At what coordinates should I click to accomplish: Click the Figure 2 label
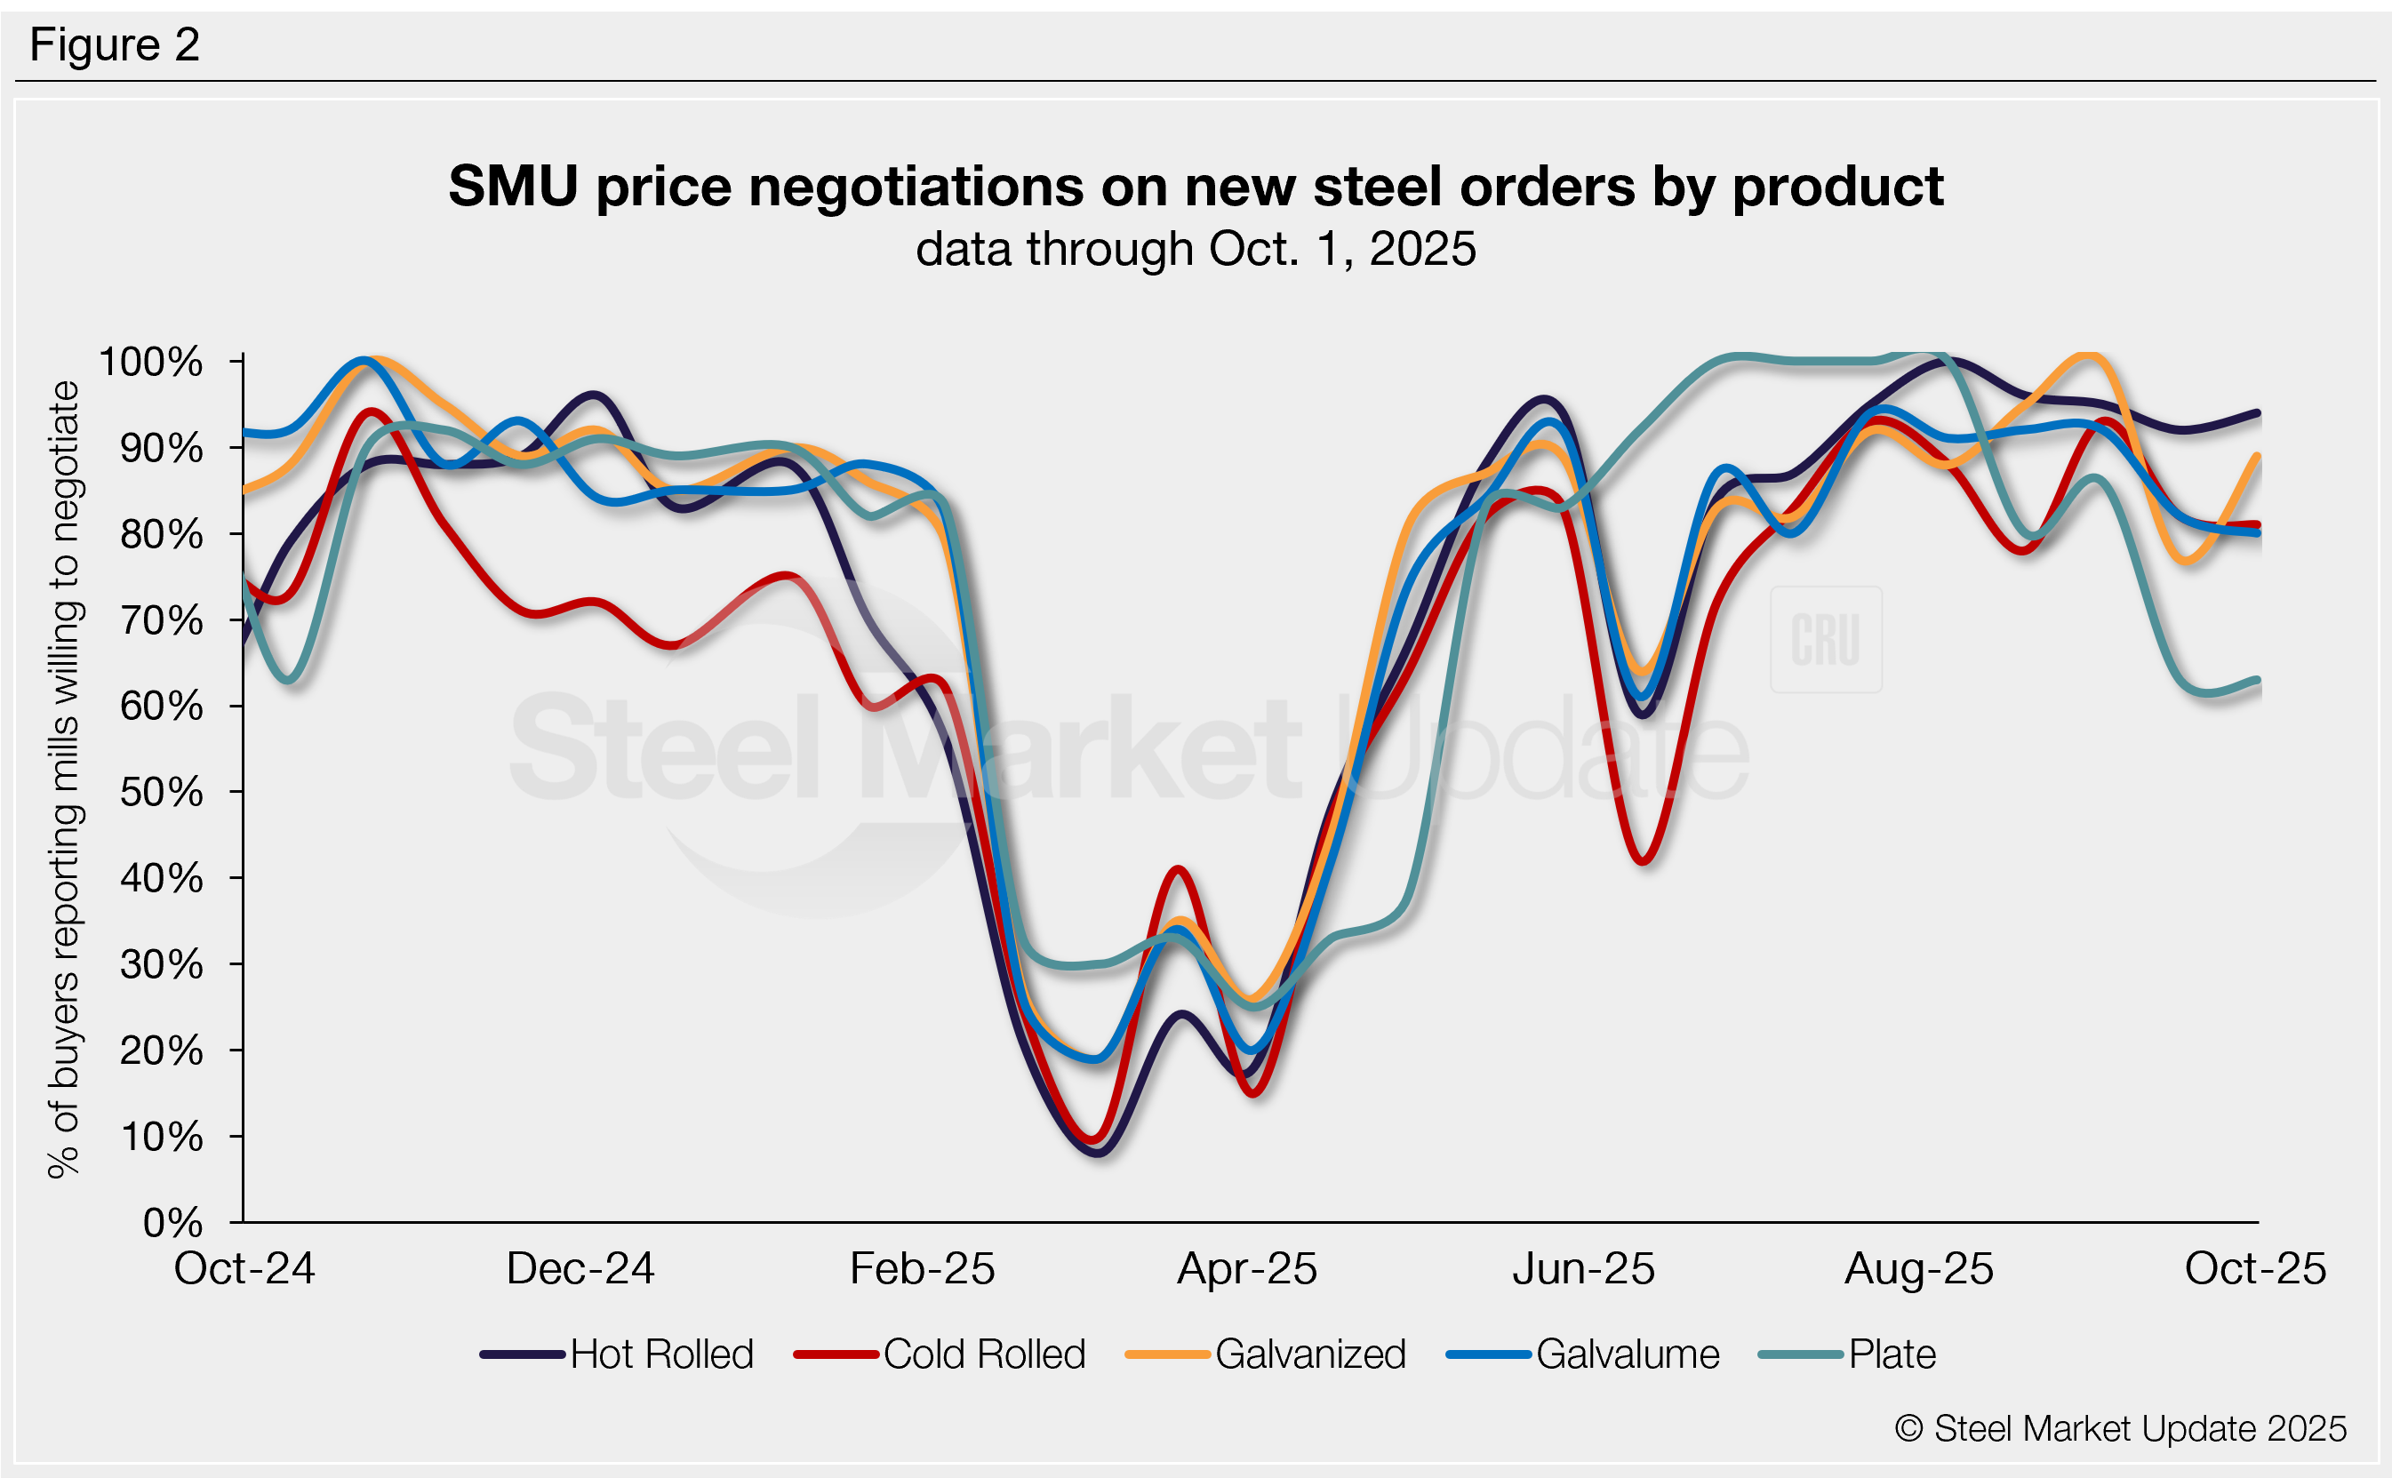(x=115, y=45)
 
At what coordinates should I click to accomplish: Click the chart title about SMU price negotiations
(x=1196, y=186)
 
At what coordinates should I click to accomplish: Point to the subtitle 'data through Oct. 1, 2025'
(x=1196, y=249)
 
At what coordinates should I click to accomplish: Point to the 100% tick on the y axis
(x=151, y=362)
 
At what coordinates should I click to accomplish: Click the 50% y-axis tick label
(x=161, y=792)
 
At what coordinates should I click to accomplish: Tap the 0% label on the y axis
(x=172, y=1222)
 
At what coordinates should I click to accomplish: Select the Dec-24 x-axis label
(x=580, y=1269)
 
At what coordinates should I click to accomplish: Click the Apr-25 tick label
(x=1247, y=1269)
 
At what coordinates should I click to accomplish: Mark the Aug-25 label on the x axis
(x=1919, y=1269)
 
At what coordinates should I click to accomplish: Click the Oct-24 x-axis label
(x=244, y=1269)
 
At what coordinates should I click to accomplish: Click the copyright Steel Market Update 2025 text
(x=2120, y=1428)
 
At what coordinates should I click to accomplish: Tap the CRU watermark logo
(x=1825, y=639)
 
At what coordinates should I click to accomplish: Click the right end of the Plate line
(x=2256, y=681)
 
